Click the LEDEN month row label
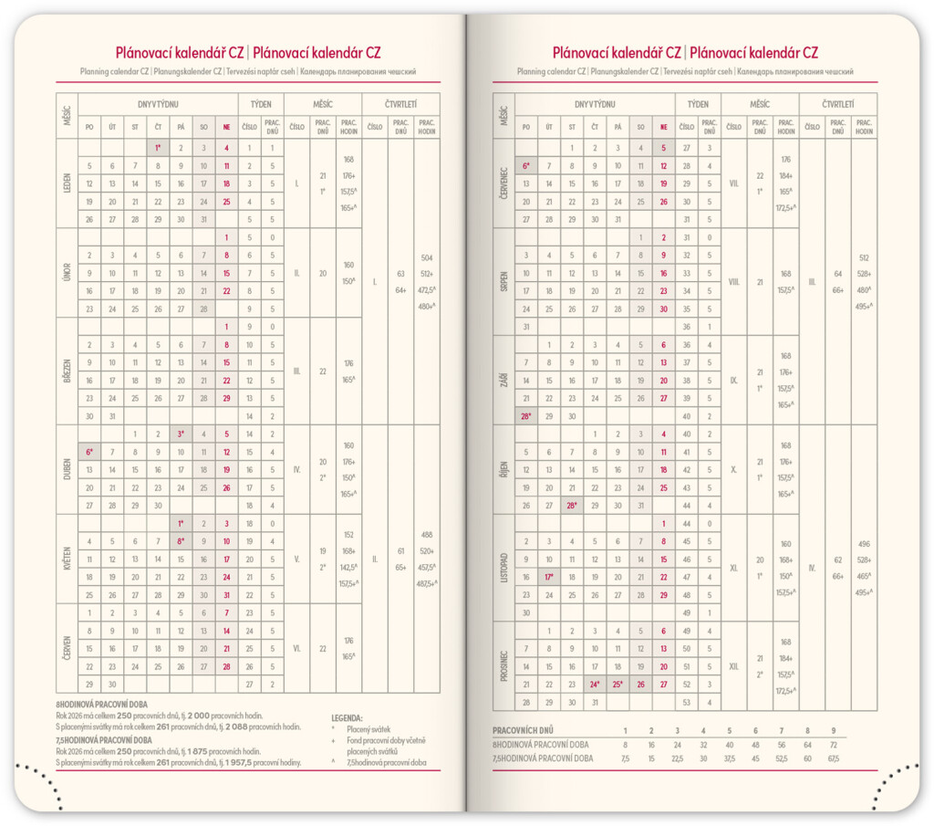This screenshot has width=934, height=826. [67, 183]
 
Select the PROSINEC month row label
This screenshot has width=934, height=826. [503, 667]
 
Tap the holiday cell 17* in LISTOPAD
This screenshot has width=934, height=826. [548, 577]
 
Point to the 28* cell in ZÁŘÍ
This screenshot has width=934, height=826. [525, 415]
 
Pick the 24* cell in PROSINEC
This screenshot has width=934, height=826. [594, 685]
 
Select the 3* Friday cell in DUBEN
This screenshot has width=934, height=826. [181, 434]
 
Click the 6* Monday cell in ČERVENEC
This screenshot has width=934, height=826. [525, 166]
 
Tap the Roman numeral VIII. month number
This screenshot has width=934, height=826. [733, 282]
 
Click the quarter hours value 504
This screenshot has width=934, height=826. [426, 257]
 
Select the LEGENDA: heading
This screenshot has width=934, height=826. [346, 718]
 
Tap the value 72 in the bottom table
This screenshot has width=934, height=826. [834, 745]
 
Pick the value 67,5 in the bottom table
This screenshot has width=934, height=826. [834, 758]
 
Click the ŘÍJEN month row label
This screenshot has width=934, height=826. [503, 469]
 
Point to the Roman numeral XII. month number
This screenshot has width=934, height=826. [733, 667]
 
